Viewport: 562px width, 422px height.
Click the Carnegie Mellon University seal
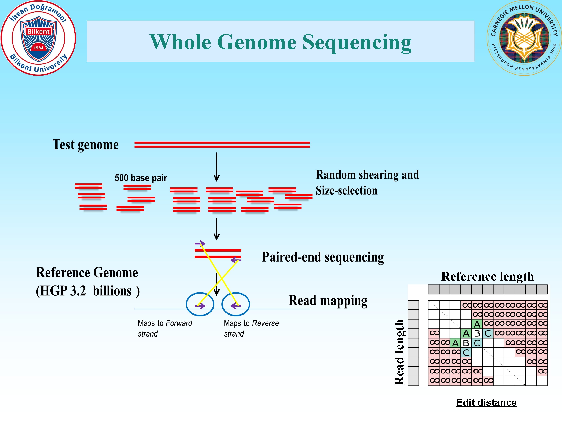524,38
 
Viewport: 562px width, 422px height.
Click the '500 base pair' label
140,178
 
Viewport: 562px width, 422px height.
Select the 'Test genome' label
85,145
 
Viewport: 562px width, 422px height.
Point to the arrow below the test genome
216,167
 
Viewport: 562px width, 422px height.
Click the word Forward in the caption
179,323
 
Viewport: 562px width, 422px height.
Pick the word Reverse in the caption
265,323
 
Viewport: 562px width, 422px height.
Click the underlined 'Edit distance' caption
486,402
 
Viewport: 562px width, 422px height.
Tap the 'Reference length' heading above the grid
487,276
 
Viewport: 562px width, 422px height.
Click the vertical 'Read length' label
399,352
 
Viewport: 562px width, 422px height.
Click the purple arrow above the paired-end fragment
200,243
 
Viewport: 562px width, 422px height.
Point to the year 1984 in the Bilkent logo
39,48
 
